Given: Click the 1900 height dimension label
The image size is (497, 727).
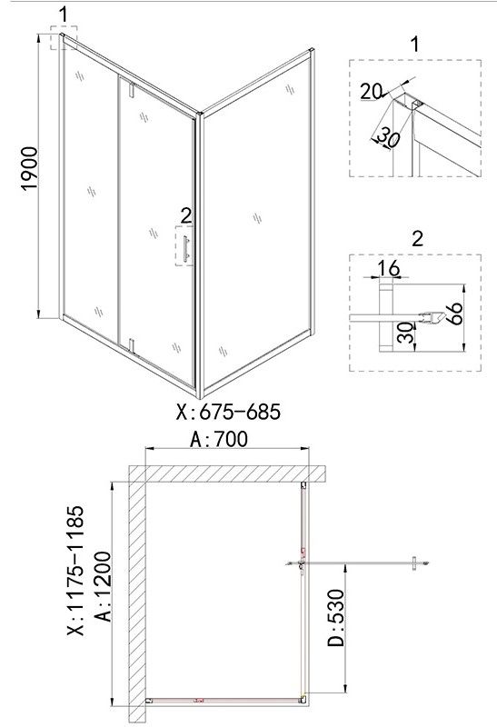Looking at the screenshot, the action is coord(29,168).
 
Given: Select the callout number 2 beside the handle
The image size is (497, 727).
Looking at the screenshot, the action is coord(185,215).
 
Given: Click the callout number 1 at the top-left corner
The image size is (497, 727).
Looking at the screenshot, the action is coord(64,15).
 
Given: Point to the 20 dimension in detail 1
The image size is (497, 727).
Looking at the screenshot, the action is coord(371,92).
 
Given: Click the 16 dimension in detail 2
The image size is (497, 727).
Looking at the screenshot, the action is coord(389,268).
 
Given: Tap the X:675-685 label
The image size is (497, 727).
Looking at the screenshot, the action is coord(228,412).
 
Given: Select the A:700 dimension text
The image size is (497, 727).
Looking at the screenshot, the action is coord(219,439).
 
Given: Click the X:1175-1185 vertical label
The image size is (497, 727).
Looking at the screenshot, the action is coord(76,571).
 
